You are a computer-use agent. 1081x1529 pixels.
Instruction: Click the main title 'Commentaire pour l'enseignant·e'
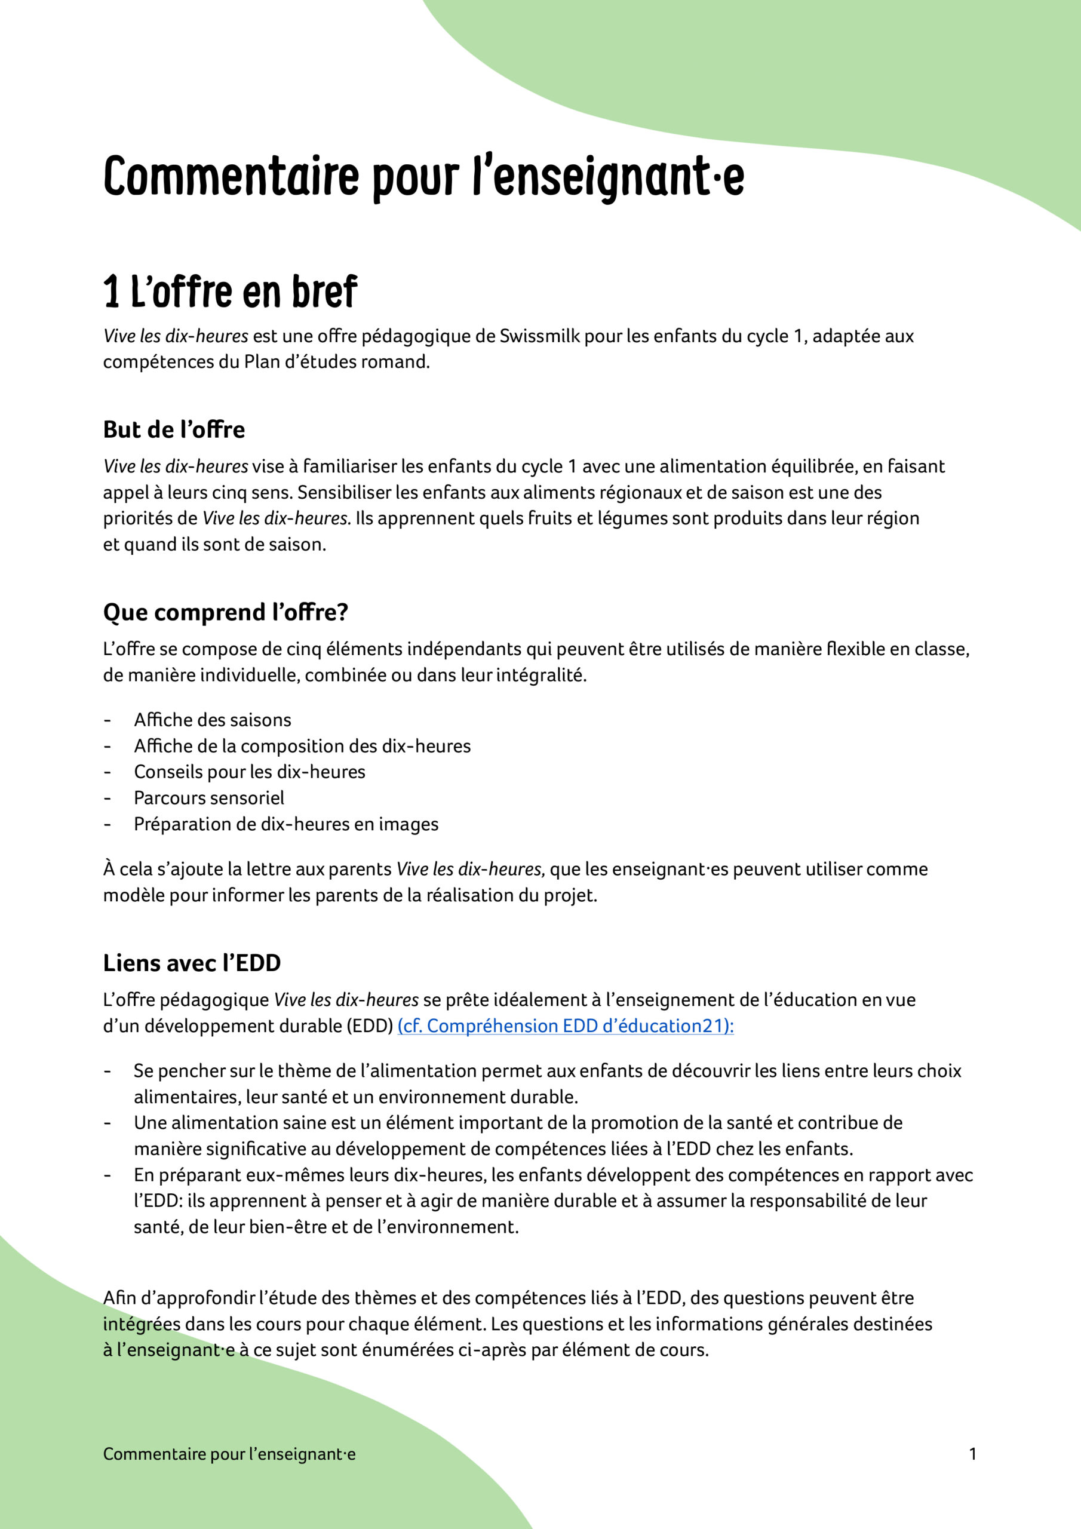pos(423,176)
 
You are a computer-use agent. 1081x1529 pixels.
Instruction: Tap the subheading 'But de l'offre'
pos(174,429)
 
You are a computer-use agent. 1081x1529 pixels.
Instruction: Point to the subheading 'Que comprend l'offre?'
pos(226,612)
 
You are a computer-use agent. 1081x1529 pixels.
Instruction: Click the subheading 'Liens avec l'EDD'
pos(192,963)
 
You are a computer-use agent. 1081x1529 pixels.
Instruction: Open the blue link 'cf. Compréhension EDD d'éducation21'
pos(565,1026)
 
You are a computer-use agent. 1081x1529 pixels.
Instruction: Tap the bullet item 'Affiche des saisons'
pos(213,720)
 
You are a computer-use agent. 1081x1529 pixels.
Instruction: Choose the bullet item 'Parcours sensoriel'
pos(209,798)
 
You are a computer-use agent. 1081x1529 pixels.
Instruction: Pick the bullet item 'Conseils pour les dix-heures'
pos(250,772)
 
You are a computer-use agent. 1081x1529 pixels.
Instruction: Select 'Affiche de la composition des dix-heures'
pos(302,746)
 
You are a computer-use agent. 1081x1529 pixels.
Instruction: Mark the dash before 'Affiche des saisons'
pos(106,720)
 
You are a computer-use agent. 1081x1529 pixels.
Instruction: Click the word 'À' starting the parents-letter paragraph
pos(109,869)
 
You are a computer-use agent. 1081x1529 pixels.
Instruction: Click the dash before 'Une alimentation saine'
pos(106,1123)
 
